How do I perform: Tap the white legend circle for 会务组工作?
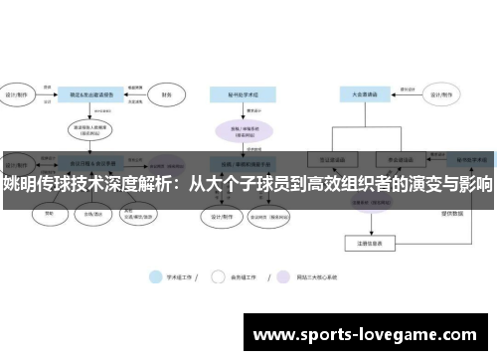click(x=221, y=276)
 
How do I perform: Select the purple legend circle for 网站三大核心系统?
click(x=284, y=276)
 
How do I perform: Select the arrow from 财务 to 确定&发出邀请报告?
click(x=139, y=96)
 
